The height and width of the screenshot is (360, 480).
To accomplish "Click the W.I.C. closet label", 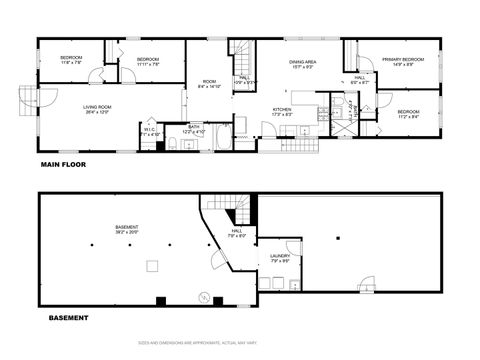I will [x=148, y=129].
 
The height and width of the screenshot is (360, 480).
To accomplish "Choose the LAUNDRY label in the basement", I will [x=280, y=256].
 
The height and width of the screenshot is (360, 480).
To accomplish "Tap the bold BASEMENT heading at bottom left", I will [x=68, y=318].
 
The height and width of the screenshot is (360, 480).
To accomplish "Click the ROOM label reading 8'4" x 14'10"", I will [x=209, y=83].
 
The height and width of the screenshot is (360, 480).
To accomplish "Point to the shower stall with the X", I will [x=336, y=127].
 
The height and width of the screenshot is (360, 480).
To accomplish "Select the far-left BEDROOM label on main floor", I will [x=71, y=59].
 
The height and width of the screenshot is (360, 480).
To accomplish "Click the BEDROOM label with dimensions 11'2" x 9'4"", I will [x=407, y=113].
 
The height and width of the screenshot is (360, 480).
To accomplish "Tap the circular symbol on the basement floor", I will [x=204, y=297].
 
